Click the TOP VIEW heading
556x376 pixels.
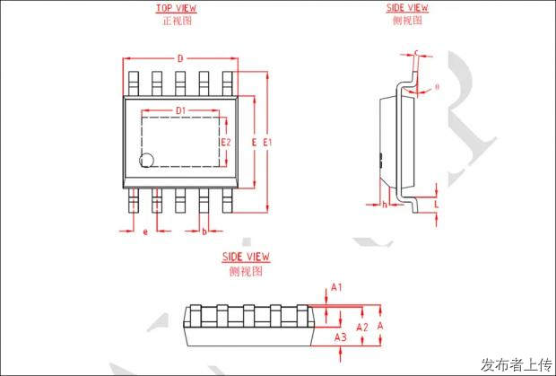177,8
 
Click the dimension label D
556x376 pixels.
180,58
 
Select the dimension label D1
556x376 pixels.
180,110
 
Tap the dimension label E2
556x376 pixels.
226,142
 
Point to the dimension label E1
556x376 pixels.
267,142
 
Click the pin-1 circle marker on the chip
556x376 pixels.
147,160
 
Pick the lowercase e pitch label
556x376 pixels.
145,232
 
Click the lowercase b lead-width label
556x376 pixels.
204,232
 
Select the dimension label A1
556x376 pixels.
337,287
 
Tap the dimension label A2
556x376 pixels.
362,328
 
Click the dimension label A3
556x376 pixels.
340,337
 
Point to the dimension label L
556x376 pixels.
437,205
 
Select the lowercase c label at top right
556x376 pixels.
418,53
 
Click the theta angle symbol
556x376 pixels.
437,87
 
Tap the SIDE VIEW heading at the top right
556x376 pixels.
407,8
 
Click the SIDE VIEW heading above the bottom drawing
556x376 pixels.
246,258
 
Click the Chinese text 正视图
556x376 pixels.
177,21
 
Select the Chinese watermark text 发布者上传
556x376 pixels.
516,363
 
